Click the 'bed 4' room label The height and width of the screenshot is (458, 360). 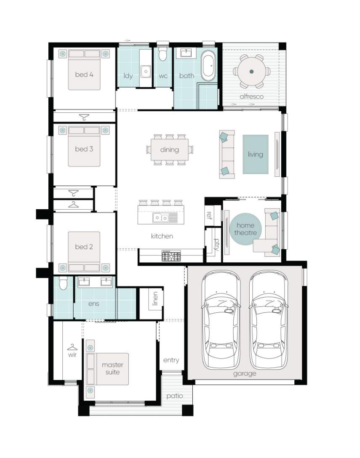84,75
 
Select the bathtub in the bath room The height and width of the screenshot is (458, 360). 208,66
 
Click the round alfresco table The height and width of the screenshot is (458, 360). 251,71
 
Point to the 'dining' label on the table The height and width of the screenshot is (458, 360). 170,149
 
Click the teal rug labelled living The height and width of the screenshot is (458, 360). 256,154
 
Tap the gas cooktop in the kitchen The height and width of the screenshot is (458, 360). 171,256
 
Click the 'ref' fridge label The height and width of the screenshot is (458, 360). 209,216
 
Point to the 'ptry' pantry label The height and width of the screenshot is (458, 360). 216,245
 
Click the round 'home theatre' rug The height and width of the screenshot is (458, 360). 245,229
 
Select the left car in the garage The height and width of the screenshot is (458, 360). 221,320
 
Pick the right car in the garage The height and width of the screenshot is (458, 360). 269,320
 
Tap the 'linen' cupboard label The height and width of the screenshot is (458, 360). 155,298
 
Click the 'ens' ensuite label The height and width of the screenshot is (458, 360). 93,304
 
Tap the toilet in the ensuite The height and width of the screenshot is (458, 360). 63,283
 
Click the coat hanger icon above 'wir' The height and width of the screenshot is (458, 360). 72,347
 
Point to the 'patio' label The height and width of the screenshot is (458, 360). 175,396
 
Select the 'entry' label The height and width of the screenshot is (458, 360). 171,360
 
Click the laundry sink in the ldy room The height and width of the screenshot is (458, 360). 146,71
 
